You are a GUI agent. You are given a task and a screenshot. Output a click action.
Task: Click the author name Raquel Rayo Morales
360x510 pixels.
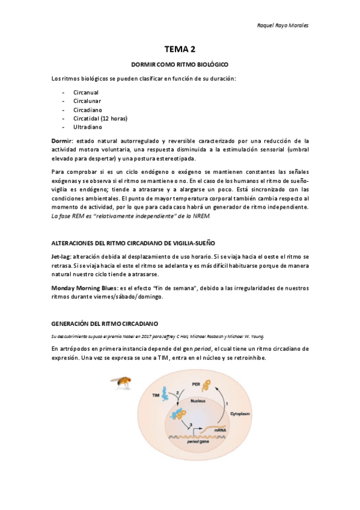pyautogui.click(x=282, y=25)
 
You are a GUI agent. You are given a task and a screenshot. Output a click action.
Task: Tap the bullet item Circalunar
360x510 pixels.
pyautogui.click(x=88, y=101)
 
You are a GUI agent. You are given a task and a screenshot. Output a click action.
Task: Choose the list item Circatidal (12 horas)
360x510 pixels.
pyautogui.click(x=100, y=118)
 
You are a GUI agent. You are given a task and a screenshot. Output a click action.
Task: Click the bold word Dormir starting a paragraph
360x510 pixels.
pyautogui.click(x=62, y=140)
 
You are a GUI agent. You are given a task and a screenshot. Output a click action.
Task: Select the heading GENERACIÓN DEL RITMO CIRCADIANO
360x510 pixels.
pyautogui.click(x=113, y=324)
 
